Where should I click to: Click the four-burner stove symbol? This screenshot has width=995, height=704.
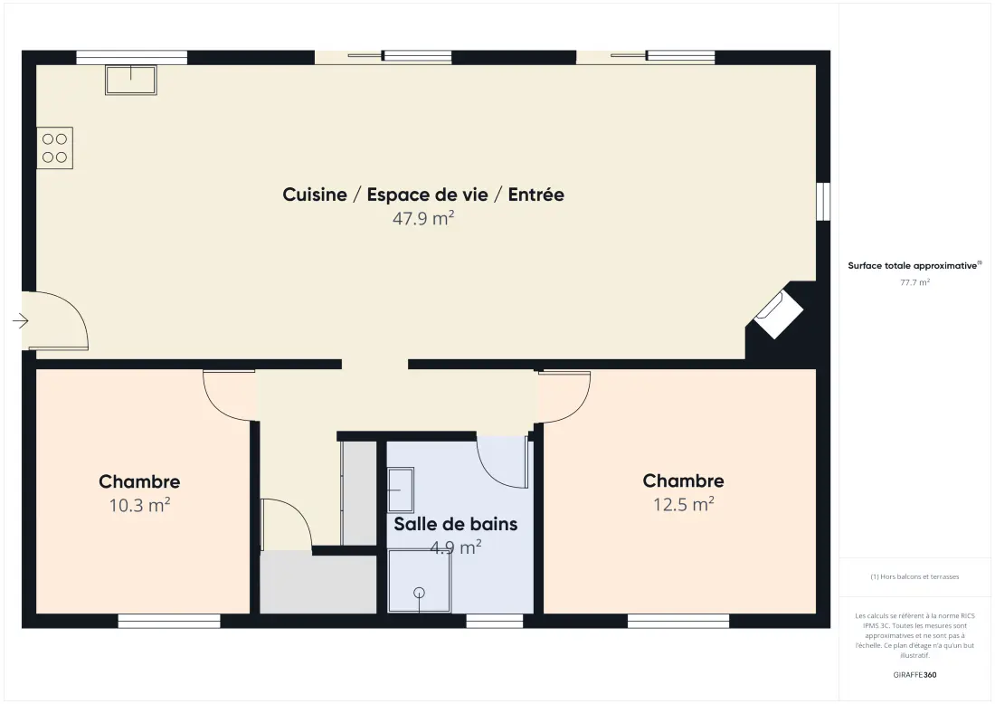(54, 147)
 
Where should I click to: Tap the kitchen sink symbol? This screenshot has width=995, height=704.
(131, 80)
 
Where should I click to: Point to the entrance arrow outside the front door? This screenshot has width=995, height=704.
(20, 320)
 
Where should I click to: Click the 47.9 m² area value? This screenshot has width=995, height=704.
(423, 218)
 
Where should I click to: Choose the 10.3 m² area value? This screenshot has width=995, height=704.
(139, 505)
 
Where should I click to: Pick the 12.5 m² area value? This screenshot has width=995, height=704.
(684, 505)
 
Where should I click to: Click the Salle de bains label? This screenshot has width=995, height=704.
(456, 524)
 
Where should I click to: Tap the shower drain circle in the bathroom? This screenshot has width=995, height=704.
(419, 593)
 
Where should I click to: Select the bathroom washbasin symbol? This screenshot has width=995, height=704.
(401, 490)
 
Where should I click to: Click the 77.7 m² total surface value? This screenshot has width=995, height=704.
(914, 282)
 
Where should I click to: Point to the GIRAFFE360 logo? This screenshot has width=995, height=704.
(914, 675)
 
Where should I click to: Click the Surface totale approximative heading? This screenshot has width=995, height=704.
(914, 265)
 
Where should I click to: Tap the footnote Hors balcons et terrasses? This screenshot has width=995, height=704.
(914, 576)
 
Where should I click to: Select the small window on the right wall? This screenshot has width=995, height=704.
(822, 202)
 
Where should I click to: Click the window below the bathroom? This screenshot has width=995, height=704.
(493, 621)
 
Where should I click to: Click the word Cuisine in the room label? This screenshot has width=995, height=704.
(315, 195)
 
